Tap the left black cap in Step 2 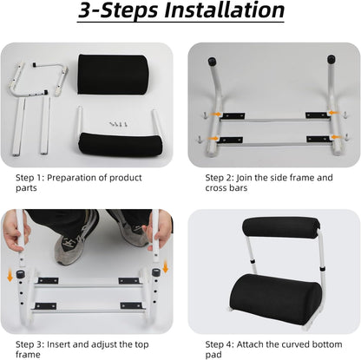coord(211,62)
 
